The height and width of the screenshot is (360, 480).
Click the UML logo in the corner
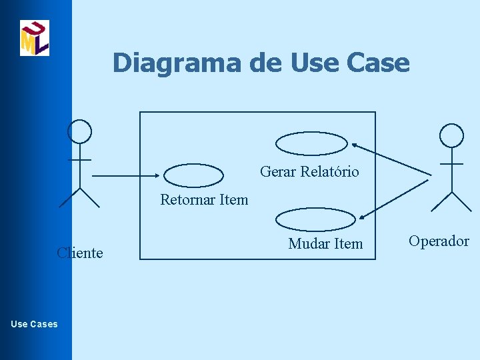[x=35, y=38]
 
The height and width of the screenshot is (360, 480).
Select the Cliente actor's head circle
[x=81, y=131]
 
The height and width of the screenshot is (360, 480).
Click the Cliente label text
[x=80, y=253]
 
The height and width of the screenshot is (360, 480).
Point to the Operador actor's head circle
[x=451, y=135]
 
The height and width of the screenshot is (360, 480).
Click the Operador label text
[x=439, y=241]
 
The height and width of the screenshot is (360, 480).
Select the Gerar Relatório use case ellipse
[x=312, y=143]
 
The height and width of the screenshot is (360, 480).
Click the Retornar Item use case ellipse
[x=193, y=175]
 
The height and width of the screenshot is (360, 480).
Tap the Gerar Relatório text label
[x=309, y=172]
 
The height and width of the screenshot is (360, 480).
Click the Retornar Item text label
[x=204, y=199]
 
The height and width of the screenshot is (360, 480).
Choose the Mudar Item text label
[x=325, y=244]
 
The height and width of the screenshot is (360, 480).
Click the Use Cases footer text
[x=35, y=324]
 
